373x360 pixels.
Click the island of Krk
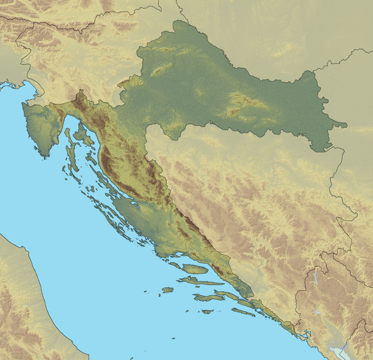(x=82, y=133)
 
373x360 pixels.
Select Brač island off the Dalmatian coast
(x=195, y=269)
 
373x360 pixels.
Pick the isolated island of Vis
(x=166, y=290)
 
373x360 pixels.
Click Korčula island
(x=208, y=298)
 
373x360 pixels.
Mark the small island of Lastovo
(x=207, y=311)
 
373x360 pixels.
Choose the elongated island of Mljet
(x=243, y=312)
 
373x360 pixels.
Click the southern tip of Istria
(x=43, y=155)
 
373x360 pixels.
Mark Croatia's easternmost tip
(x=346, y=125)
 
